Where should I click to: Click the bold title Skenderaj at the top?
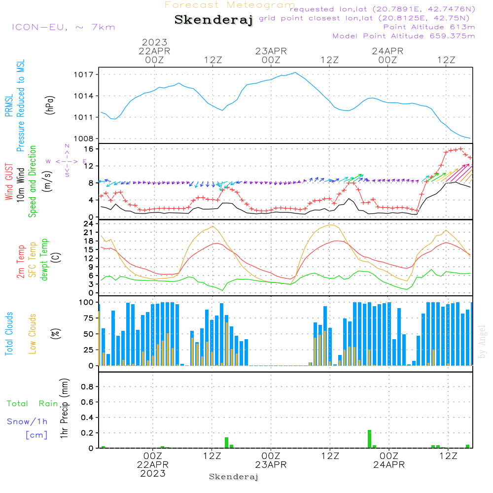(x=213, y=20)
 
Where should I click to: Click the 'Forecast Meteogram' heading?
(x=230, y=5)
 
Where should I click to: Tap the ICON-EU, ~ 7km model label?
(x=63, y=27)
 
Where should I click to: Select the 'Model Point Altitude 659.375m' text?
(x=404, y=36)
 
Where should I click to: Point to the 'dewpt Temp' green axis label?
(x=45, y=260)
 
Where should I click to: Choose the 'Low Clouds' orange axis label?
(x=33, y=332)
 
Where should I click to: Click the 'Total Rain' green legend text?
(x=32, y=404)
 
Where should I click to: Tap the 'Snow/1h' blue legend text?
(x=27, y=422)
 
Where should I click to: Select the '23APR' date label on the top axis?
(x=271, y=51)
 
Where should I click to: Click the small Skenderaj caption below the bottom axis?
(x=234, y=477)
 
